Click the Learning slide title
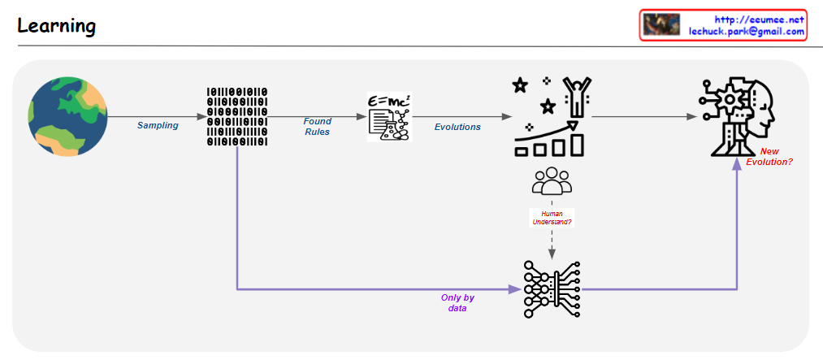click(56, 26)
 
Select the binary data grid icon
click(236, 116)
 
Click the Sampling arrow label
click(158, 126)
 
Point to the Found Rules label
click(318, 127)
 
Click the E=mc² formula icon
click(389, 117)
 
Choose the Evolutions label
click(457, 127)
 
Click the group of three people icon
click(552, 180)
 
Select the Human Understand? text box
click(552, 218)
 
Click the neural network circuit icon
click(552, 288)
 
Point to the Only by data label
click(457, 303)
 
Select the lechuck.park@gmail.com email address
click(746, 32)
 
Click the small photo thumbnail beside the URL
click(661, 25)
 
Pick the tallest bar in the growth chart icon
click(577, 144)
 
